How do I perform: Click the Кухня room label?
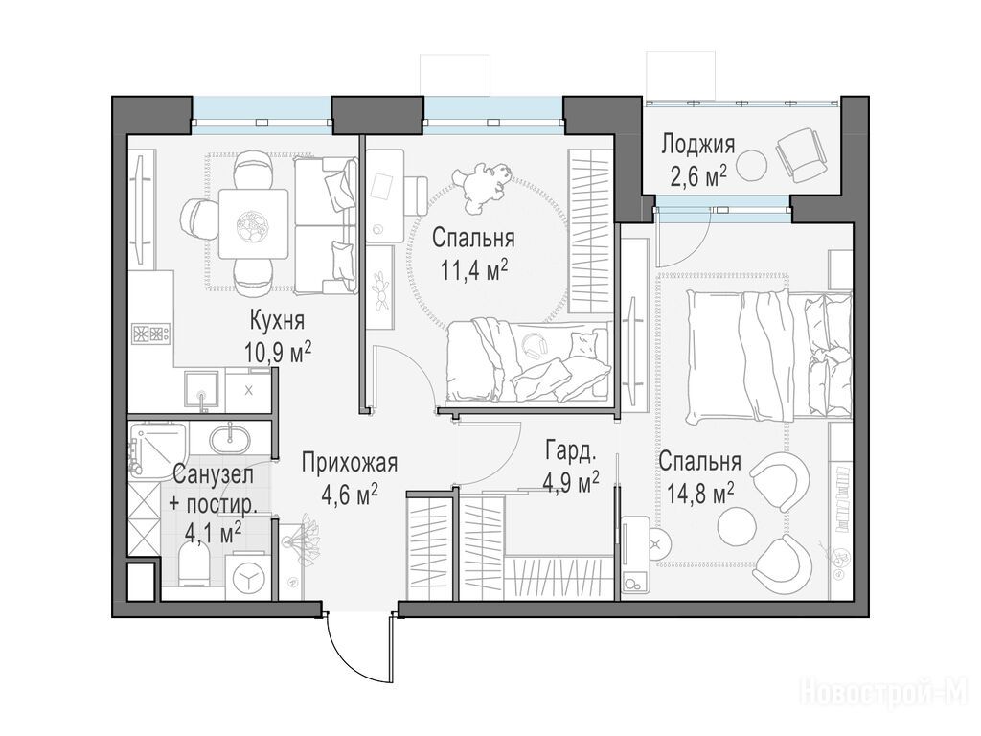pos(277,321)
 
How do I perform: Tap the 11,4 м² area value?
pos(473,271)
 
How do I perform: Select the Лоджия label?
pos(698,146)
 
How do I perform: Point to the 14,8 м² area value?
pos(700,494)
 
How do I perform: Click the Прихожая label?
pos(349,464)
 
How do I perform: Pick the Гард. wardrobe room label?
pos(571,450)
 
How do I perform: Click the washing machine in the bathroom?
pos(248,574)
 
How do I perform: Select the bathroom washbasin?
pos(229,438)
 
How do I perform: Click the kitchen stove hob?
pos(150,333)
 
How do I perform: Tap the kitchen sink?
pos(201,391)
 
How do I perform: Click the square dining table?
pos(253,222)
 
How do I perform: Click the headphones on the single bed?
pos(534,345)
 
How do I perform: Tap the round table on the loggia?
pos(751,165)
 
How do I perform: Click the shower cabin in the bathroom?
pos(158,448)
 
